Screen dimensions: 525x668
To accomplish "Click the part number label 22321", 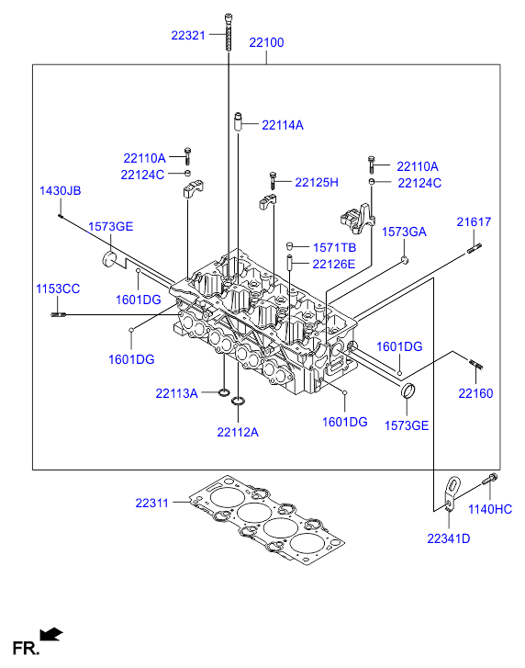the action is point(188,35).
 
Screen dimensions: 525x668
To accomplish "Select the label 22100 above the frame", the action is point(266,42).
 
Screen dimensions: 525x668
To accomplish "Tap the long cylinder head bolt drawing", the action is point(229,32).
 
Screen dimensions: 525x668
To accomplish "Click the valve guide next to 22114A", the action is point(239,121).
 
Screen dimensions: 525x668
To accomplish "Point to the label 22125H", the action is point(317,182).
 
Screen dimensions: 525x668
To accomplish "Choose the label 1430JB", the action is point(60,190).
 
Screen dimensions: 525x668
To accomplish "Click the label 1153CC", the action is point(58,289).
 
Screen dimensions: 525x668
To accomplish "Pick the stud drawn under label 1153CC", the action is point(58,315).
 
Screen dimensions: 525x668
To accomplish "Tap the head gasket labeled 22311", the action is point(267,520).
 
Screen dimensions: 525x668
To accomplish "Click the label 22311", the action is point(151,504).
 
